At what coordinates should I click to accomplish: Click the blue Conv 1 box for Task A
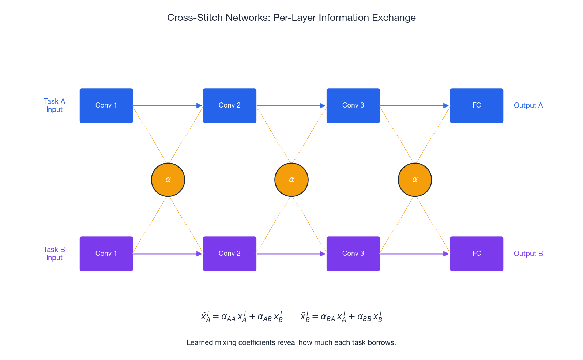click(x=106, y=105)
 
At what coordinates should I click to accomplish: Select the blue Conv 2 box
click(x=229, y=105)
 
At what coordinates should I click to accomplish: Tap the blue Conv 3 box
click(x=353, y=105)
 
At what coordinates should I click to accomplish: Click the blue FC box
click(x=476, y=105)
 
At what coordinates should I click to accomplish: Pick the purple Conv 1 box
click(x=106, y=254)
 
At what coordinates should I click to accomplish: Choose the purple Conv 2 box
click(x=229, y=254)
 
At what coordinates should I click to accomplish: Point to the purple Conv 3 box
click(x=353, y=254)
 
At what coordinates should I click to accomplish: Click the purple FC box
click(x=476, y=254)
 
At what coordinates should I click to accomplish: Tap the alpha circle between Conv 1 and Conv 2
click(x=168, y=180)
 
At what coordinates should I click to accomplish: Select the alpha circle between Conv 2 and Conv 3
click(x=291, y=180)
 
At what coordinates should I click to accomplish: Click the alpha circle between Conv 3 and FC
click(x=415, y=180)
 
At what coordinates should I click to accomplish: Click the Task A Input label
click(x=54, y=105)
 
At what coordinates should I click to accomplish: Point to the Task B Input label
click(x=54, y=254)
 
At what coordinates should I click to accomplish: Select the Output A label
click(x=528, y=105)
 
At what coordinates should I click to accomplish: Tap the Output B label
click(x=528, y=254)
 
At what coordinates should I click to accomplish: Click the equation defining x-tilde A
click(x=242, y=316)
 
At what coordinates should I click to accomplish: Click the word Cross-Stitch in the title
click(x=194, y=18)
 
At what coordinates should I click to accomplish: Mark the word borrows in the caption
click(x=383, y=342)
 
